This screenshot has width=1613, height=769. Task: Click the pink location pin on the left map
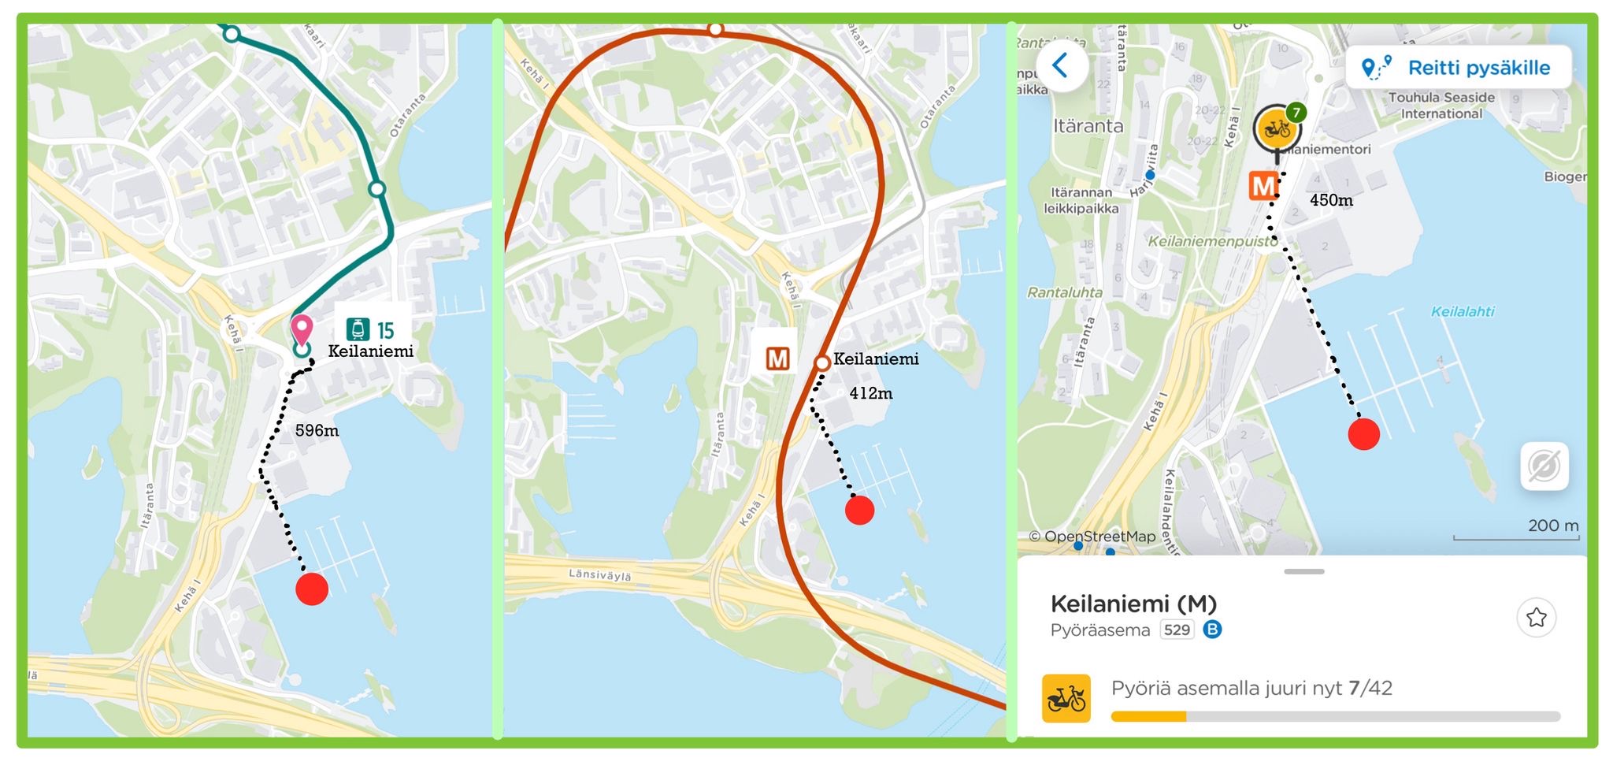click(302, 328)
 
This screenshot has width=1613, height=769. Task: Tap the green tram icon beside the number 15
click(358, 329)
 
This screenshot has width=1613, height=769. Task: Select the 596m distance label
click(317, 431)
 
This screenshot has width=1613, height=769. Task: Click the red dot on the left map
click(312, 589)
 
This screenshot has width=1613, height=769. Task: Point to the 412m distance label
click(870, 393)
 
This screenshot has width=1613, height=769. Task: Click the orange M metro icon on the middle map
click(777, 359)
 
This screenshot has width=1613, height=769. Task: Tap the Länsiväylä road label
click(600, 575)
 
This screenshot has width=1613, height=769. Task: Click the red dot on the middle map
click(859, 511)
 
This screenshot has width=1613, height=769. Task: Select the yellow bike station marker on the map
click(1276, 128)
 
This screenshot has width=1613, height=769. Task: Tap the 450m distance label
click(1331, 200)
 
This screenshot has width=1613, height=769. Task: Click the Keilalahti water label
click(1462, 311)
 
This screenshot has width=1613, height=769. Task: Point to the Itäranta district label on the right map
click(1088, 126)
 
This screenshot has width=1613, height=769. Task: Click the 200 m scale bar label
click(1552, 526)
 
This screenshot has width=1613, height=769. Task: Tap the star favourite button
click(1536, 617)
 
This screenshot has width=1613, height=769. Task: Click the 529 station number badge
click(1176, 630)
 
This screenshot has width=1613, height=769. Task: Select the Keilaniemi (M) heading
click(1133, 604)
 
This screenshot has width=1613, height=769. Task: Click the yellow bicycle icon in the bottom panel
click(1066, 698)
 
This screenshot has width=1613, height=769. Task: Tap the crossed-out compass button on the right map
click(1544, 466)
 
